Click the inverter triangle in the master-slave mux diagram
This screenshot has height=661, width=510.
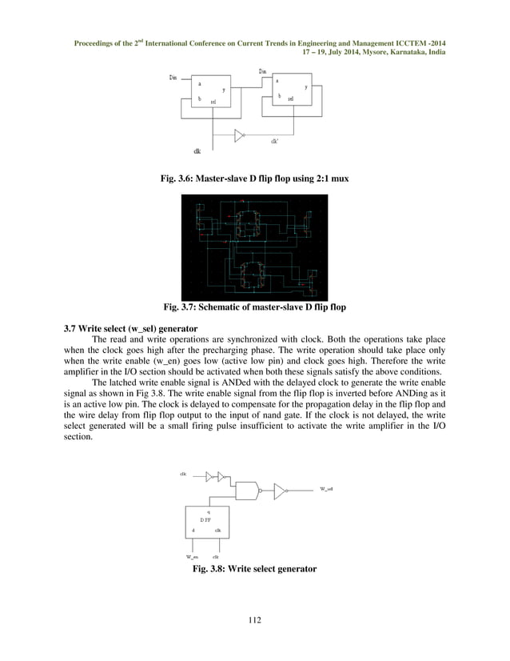[240, 134]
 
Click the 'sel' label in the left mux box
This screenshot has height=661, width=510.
[213, 102]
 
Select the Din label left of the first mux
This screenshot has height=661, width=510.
[173, 78]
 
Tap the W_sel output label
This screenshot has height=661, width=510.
[326, 487]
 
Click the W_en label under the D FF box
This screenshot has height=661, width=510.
[192, 556]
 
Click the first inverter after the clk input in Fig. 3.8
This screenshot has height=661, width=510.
[209, 476]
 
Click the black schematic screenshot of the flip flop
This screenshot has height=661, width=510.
[255, 245]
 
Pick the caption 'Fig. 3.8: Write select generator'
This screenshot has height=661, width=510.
[254, 569]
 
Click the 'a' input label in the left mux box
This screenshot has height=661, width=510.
[199, 83]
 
